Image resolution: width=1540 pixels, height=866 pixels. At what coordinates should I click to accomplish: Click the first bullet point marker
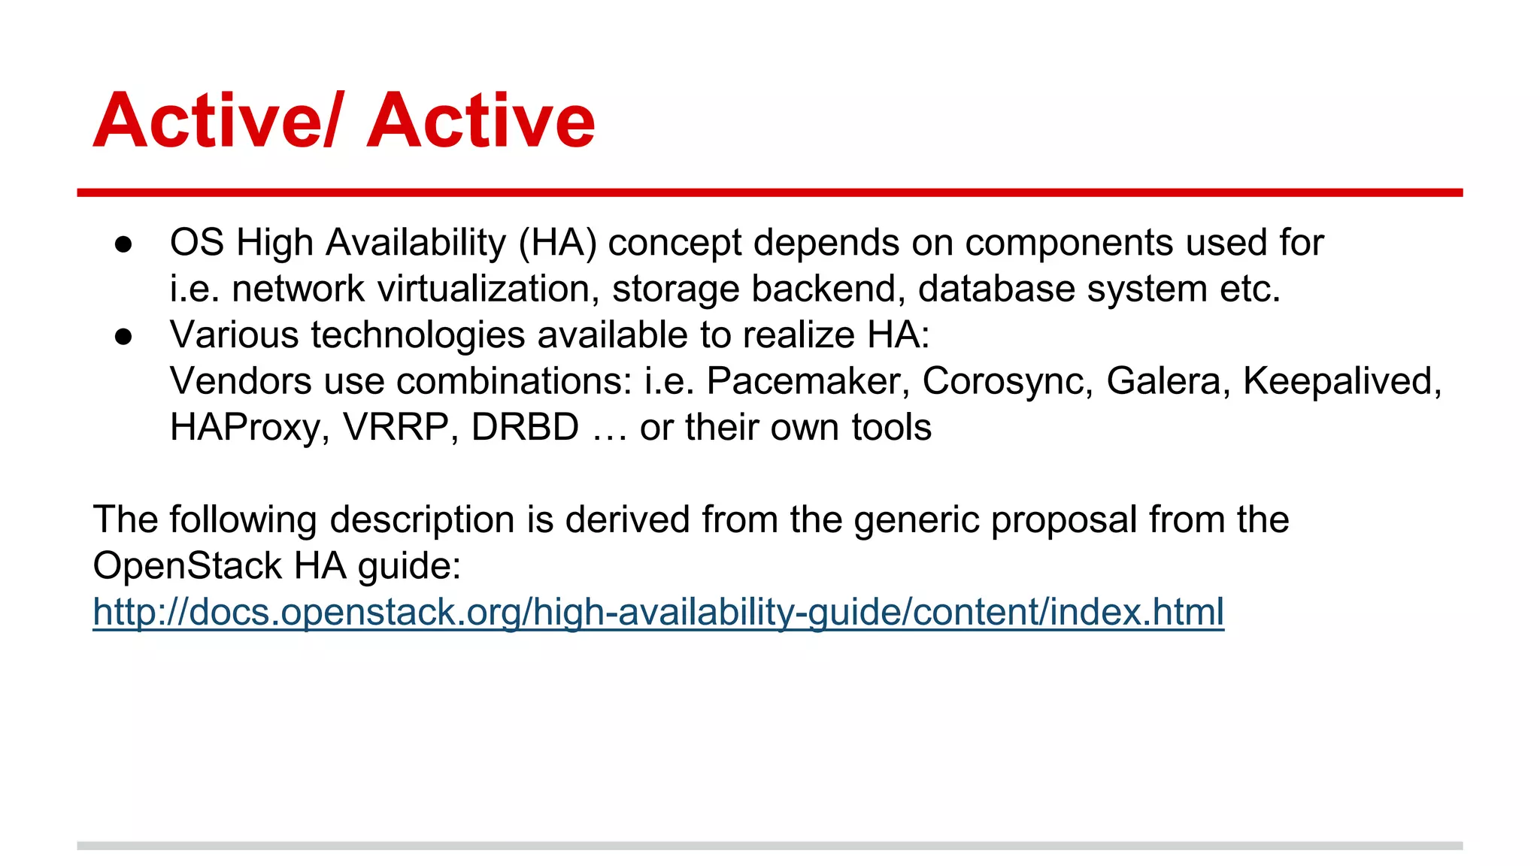point(123,244)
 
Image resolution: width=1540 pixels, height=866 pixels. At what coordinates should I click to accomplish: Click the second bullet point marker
point(123,337)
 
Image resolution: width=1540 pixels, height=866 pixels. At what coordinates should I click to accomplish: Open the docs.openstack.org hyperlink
point(658,612)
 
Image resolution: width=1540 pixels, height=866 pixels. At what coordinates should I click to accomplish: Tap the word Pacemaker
point(804,381)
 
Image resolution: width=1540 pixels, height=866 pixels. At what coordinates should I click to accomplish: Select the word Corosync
point(1007,381)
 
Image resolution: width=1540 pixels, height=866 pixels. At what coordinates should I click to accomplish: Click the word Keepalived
point(1341,381)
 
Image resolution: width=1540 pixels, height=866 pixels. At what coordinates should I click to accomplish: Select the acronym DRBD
point(525,427)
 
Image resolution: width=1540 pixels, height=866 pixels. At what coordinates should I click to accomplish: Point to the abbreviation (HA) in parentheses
point(557,243)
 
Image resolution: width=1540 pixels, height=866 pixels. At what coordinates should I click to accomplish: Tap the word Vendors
point(241,381)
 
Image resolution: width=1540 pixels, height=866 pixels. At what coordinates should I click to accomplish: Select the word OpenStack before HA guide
point(188,566)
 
